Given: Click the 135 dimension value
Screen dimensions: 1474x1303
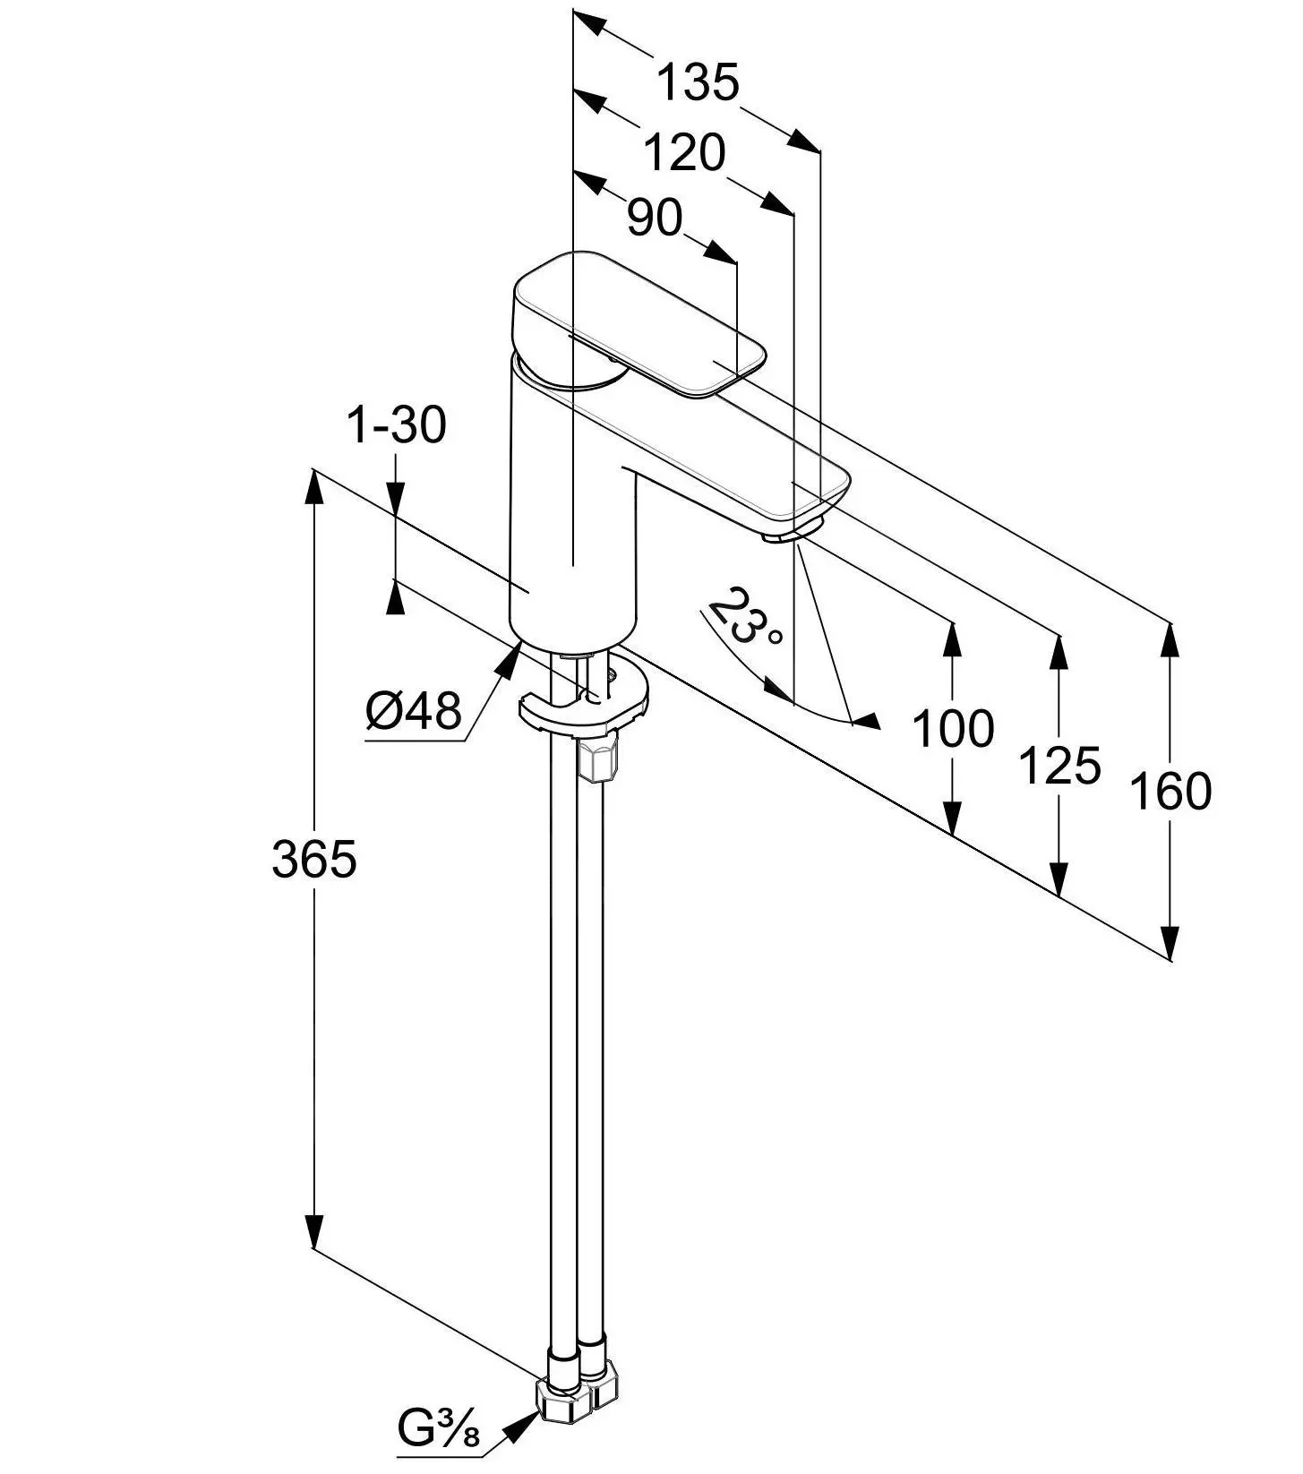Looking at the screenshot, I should (699, 82).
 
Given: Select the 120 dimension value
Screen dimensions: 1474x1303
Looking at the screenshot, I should (684, 153).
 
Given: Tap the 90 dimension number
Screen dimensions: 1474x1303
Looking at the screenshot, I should (655, 218).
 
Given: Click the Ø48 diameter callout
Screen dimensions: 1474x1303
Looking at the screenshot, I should (414, 712).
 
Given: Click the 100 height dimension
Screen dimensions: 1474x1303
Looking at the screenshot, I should (953, 728).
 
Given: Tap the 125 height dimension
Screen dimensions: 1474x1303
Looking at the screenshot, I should (1059, 766).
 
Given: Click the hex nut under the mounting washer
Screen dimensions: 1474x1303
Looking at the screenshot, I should (598, 760).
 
